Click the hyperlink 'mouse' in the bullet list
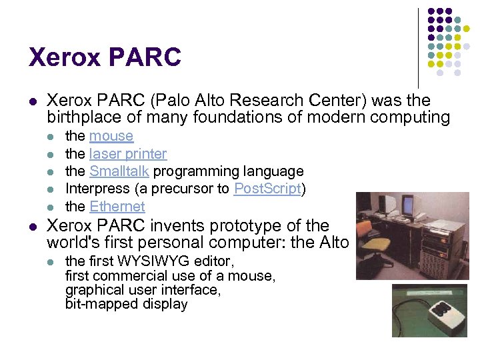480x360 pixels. pos(111,136)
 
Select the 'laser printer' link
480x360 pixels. pos(128,154)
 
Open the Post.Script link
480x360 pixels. pos(267,189)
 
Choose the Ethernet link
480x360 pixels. pos(117,207)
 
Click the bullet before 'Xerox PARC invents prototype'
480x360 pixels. pos(33,226)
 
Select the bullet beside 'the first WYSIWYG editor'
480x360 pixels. pos(51,261)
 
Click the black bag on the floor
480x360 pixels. pos(371,264)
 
